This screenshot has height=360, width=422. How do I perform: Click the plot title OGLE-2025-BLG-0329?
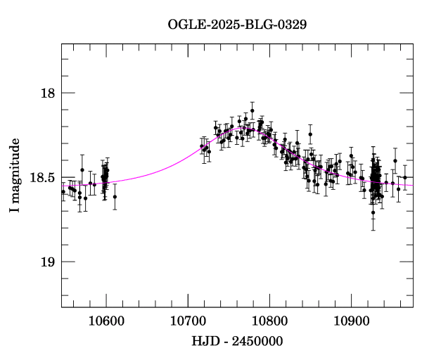click(x=237, y=24)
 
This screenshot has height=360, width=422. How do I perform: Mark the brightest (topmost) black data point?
click(x=252, y=110)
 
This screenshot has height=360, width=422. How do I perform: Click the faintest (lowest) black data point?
click(x=373, y=212)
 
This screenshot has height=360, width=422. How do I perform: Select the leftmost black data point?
click(x=63, y=191)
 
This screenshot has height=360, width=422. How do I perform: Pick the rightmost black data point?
click(x=404, y=177)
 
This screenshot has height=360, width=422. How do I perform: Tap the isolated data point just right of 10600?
click(x=115, y=197)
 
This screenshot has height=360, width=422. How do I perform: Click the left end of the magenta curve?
click(x=62, y=186)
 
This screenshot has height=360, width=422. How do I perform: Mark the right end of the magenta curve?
click(x=412, y=186)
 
